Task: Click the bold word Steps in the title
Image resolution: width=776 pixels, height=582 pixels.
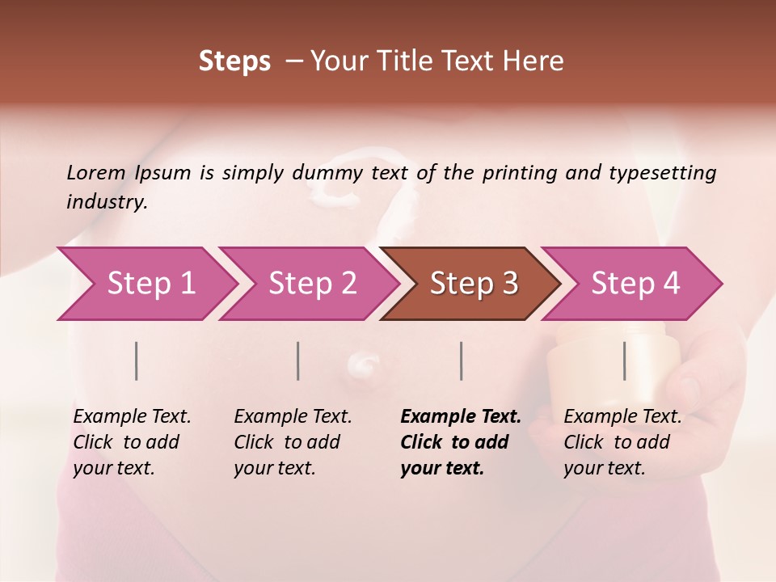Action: coord(234,61)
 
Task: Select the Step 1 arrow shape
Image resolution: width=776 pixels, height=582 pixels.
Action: coord(145,284)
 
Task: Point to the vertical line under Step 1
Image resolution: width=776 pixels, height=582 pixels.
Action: coord(137,361)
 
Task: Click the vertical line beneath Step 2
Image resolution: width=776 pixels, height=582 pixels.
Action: coord(298,361)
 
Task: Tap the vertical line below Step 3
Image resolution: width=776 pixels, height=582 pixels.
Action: coord(462,361)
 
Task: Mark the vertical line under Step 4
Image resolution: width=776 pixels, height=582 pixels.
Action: coord(625,361)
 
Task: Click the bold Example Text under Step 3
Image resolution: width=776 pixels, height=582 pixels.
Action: coord(461,416)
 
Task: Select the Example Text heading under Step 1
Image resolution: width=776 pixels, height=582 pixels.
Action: coord(132,416)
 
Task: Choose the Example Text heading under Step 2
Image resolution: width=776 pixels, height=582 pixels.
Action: coord(293,416)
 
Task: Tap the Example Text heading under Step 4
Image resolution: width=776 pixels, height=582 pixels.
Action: coord(622,416)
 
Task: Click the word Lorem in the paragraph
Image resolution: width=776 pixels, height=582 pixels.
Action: coord(96,173)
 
